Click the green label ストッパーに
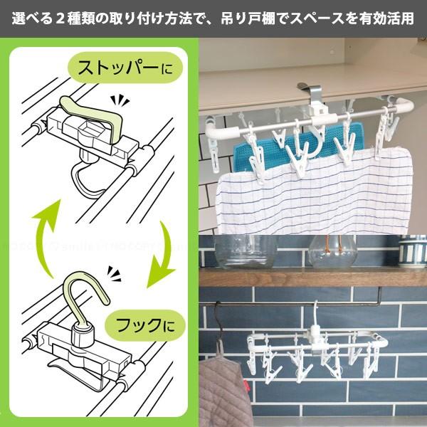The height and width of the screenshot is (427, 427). click(x=125, y=69)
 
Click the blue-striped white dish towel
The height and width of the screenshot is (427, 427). click(x=313, y=192)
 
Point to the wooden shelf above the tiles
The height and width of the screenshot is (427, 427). click(x=313, y=277)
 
